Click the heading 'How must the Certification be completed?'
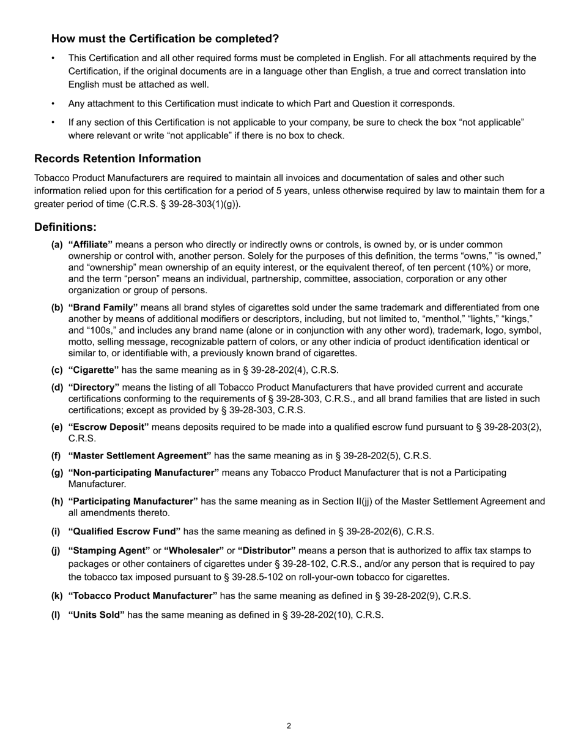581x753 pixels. coord(165,39)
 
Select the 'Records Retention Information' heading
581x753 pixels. coord(117,159)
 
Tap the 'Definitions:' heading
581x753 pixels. coord(65,227)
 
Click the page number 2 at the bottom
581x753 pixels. coord(289,726)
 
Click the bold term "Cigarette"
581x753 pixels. coord(94,370)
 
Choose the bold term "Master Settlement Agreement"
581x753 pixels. coord(140,456)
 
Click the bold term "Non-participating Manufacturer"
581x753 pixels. coord(144,473)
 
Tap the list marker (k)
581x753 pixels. coord(57,596)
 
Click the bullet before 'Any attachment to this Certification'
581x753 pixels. coord(53,103)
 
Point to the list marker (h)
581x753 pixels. coord(57,501)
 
